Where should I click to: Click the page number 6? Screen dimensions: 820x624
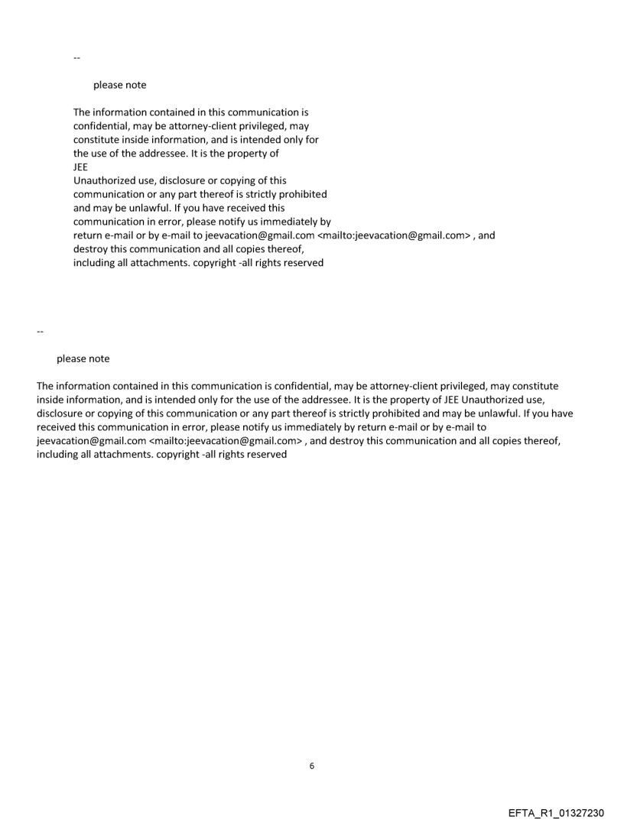click(x=311, y=766)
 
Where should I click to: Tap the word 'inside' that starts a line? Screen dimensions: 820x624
click(x=50, y=400)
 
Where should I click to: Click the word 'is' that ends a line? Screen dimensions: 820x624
click(x=304, y=112)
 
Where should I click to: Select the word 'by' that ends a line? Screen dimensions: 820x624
click(x=325, y=222)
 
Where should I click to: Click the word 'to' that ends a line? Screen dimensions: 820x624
click(x=481, y=427)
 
